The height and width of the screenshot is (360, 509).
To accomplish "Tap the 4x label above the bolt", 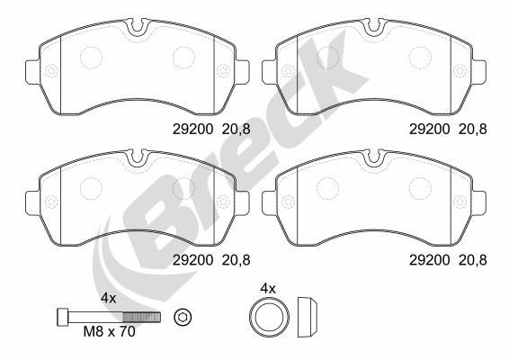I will [x=109, y=298].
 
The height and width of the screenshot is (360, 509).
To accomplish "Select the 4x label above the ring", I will [x=266, y=289].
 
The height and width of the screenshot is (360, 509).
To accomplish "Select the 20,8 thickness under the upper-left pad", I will [x=236, y=129].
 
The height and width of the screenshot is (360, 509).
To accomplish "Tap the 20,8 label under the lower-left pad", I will [x=236, y=259].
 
